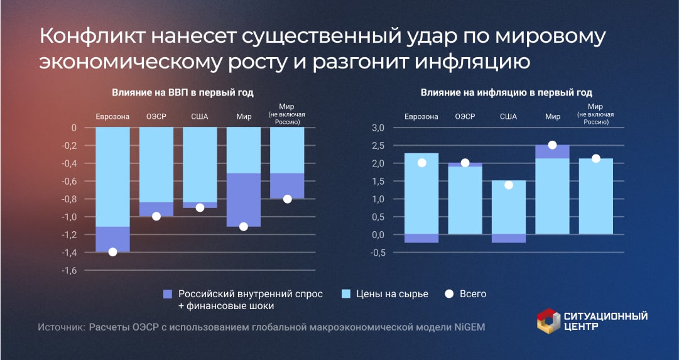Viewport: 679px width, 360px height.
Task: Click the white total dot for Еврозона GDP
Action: [112, 252]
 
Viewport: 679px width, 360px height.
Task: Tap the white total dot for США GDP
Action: [200, 207]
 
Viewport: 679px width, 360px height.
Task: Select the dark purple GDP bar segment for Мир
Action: [244, 199]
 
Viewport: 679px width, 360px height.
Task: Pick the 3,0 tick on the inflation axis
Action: [378, 128]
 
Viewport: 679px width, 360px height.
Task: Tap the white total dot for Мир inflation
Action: [552, 145]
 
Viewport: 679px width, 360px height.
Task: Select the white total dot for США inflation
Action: [509, 185]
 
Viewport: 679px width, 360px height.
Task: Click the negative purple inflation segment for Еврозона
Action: [421, 238]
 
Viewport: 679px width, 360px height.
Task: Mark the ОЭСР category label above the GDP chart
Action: [156, 117]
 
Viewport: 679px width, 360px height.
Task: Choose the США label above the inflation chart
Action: [509, 117]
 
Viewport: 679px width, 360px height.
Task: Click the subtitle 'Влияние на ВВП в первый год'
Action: [183, 93]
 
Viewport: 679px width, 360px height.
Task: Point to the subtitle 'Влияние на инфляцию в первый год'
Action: [506, 93]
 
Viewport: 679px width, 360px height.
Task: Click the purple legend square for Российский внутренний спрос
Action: [167, 294]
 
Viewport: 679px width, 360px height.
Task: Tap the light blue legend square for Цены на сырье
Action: [344, 294]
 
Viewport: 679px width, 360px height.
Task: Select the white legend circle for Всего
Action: [448, 294]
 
